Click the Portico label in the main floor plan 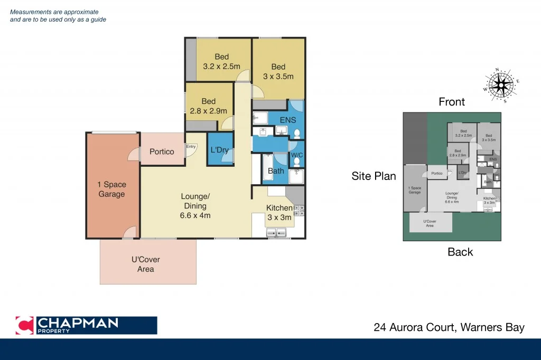click(x=162, y=151)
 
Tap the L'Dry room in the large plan click(x=220, y=150)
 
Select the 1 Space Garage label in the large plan click(x=111, y=190)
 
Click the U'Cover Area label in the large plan click(x=146, y=264)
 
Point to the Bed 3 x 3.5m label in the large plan click(x=278, y=71)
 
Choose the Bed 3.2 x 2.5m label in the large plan click(x=221, y=62)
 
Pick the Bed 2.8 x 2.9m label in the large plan click(x=209, y=106)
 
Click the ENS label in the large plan click(x=287, y=120)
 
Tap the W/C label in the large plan click(x=297, y=155)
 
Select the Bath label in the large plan click(x=276, y=171)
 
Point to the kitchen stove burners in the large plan click(x=299, y=211)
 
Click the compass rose click(x=500, y=84)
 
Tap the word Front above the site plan click(x=452, y=102)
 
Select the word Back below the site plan click(x=460, y=252)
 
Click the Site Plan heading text click(x=374, y=176)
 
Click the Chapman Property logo click(x=86, y=325)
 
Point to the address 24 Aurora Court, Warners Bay click(x=449, y=327)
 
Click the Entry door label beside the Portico click(x=191, y=147)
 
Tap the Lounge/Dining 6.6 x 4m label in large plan click(x=195, y=206)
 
